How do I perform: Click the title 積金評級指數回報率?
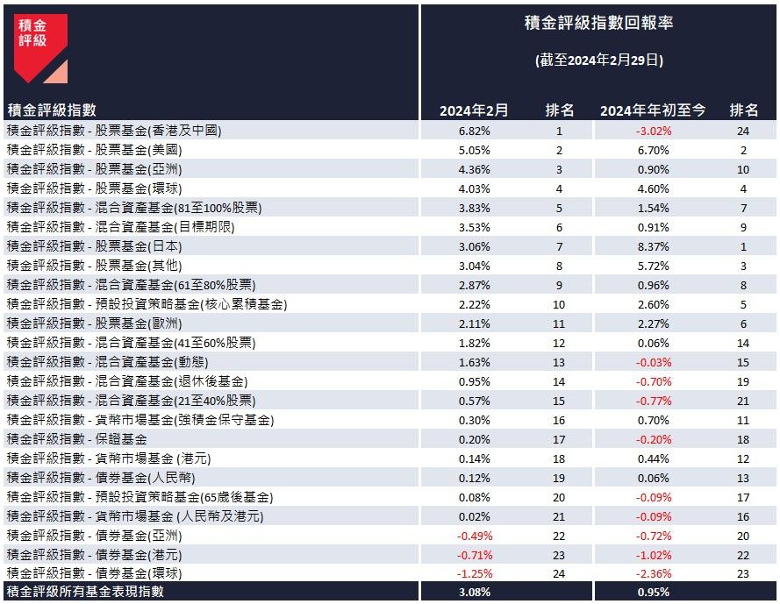(598, 24)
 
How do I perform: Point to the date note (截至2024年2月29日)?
(598, 60)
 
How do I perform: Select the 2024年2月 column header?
(474, 110)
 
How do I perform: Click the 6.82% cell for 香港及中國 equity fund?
(475, 131)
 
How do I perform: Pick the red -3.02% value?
(653, 131)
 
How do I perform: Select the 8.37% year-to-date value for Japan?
(653, 245)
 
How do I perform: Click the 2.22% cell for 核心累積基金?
(475, 303)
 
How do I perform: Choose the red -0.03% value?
(653, 361)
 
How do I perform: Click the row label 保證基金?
(76, 438)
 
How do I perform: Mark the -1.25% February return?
(475, 573)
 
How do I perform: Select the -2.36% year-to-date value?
(653, 573)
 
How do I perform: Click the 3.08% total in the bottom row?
(475, 593)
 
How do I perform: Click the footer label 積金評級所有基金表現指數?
(85, 593)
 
